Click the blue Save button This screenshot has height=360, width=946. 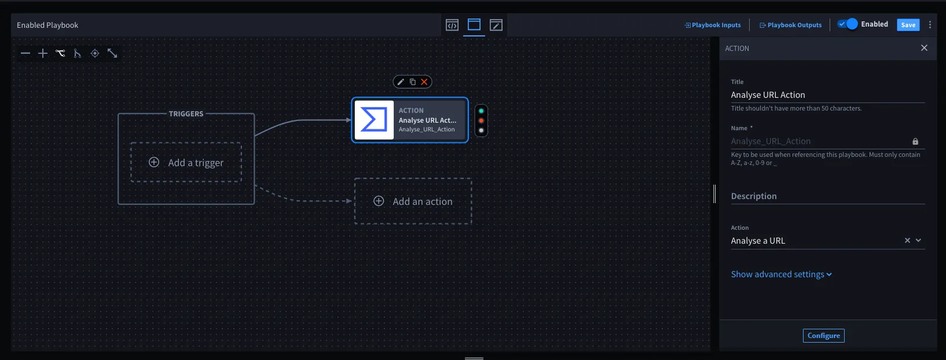[x=908, y=25]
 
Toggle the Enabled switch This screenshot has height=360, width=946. [x=848, y=24]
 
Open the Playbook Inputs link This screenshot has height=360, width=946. [x=713, y=25]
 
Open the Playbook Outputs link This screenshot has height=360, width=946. [x=791, y=25]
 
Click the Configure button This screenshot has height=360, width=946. [x=823, y=336]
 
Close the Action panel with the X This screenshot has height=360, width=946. [x=924, y=48]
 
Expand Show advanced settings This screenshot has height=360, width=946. [x=782, y=274]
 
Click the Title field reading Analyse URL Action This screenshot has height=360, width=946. [x=827, y=94]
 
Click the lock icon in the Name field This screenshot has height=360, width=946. [x=915, y=141]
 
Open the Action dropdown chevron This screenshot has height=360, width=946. [x=918, y=240]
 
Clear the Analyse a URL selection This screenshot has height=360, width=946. [x=907, y=240]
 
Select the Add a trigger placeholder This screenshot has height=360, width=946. [x=186, y=163]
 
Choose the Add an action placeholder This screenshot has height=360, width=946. [x=413, y=201]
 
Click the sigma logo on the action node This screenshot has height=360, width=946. [x=374, y=120]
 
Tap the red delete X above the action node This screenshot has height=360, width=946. [x=424, y=82]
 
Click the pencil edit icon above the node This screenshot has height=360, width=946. [x=401, y=82]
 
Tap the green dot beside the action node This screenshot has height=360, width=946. [x=481, y=111]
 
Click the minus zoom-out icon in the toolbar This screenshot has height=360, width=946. [x=25, y=53]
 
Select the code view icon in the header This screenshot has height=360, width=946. [x=452, y=25]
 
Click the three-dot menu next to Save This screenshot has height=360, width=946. [x=930, y=25]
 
